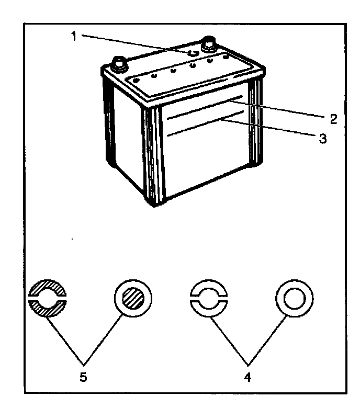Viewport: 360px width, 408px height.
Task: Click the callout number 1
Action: (74, 37)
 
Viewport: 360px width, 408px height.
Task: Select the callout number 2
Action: (332, 117)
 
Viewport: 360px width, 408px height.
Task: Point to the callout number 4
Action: (248, 376)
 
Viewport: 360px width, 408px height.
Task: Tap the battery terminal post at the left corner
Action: (118, 64)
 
